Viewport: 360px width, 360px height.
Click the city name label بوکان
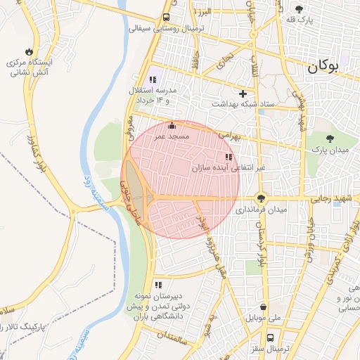[323, 68]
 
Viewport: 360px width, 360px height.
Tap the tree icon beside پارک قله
[299, 9]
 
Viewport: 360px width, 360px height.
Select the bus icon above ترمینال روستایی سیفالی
[166, 18]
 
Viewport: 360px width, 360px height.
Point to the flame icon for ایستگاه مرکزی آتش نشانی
[28, 51]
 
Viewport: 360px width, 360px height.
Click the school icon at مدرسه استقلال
[153, 80]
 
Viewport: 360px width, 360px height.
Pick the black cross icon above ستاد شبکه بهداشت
[243, 93]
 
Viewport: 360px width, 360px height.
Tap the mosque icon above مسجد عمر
[173, 126]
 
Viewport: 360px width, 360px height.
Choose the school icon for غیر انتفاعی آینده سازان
[228, 157]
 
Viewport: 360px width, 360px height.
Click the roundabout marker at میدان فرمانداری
[262, 198]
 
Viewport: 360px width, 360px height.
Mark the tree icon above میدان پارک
[330, 138]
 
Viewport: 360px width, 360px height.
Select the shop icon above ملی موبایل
[263, 307]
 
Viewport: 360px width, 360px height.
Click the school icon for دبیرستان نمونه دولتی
[158, 285]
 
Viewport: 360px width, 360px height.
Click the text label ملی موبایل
[263, 318]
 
